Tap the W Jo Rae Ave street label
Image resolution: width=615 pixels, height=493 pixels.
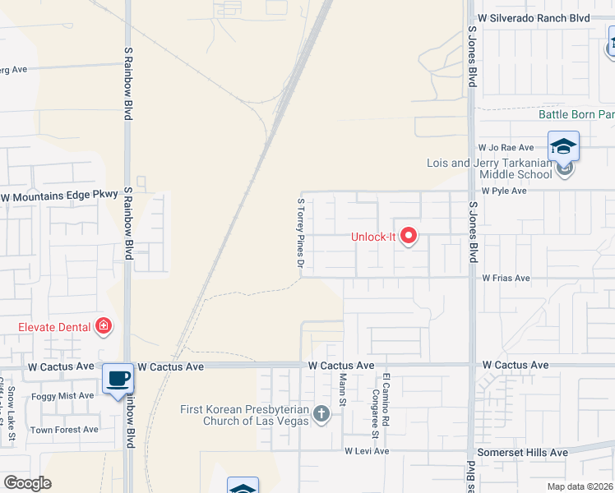coord(506,148)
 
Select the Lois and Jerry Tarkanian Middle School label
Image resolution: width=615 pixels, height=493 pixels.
coord(489,168)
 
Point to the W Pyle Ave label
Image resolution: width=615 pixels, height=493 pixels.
coord(504,191)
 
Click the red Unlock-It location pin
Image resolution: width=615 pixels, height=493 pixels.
coord(409,237)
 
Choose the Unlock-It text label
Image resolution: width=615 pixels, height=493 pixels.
coord(374,237)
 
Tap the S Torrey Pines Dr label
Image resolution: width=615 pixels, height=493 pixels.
coord(301,233)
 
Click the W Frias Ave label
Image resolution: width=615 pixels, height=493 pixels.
coord(506,279)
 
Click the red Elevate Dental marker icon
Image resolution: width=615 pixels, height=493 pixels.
coord(104,327)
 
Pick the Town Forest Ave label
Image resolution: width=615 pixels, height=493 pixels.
coord(64,430)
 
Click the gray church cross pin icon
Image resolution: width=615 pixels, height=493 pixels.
coord(321,415)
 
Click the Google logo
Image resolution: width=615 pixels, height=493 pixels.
coord(28,483)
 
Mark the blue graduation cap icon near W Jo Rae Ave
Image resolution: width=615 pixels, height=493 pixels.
coord(563,146)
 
